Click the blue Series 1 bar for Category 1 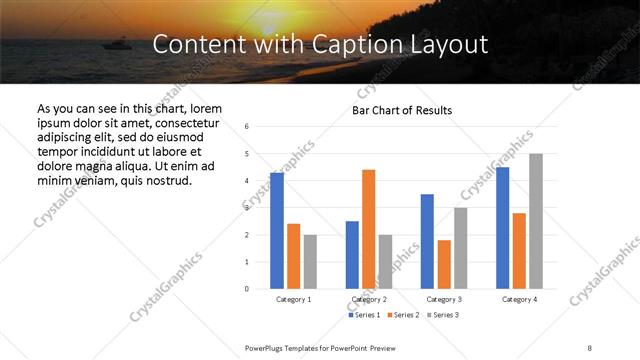(277, 231)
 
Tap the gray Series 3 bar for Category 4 (536, 221)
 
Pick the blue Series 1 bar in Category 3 (427, 241)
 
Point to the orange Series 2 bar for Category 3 (444, 264)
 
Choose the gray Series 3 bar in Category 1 (310, 261)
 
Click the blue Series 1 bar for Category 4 (502, 228)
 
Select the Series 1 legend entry (364, 315)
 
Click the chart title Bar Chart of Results (402, 110)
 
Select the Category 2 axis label (369, 299)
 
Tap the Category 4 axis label (519, 299)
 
